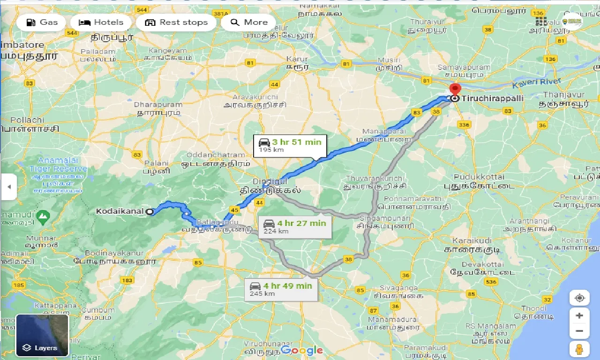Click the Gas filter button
pos(42,22)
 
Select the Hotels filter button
pos(101,22)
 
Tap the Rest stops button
pos(176,22)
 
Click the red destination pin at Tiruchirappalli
pos(454,89)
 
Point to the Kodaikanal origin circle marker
pos(150,211)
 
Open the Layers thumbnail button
pos(42,335)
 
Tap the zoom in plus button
pos(579,315)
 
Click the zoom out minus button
pos(579,331)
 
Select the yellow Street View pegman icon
pos(579,349)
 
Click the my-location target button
pos(579,298)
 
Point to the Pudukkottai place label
pos(479,177)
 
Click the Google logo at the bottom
pos(302,350)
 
